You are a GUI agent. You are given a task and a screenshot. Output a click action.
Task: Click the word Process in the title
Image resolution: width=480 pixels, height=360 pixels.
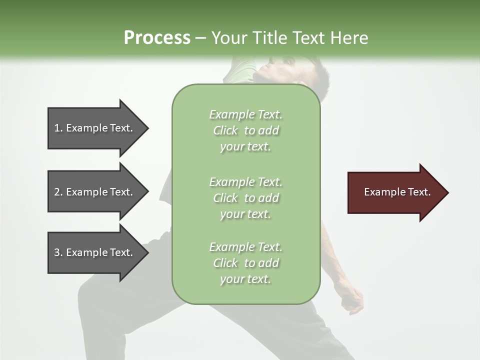coord(157,38)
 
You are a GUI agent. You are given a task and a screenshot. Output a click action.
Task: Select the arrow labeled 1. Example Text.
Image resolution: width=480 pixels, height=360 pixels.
coord(95,128)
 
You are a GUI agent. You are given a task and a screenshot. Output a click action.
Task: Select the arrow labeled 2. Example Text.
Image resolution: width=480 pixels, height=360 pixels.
coord(95,192)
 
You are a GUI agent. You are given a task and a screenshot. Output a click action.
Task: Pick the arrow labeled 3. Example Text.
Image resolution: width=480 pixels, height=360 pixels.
coord(95,252)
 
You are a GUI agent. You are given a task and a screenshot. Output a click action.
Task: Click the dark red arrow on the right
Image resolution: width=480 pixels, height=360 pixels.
coord(395,192)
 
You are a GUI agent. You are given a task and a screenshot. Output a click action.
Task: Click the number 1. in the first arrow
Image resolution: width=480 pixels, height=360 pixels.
coord(58,128)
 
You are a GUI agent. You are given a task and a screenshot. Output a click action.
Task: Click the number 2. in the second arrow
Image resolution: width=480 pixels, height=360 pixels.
coord(58,192)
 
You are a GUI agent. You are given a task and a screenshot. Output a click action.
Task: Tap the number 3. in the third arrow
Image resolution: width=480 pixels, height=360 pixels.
coord(58,252)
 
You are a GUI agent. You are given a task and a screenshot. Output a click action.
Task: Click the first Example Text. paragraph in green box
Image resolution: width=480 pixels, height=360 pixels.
coord(245,130)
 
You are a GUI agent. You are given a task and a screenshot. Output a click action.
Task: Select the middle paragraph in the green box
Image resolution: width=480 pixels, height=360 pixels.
coord(245,198)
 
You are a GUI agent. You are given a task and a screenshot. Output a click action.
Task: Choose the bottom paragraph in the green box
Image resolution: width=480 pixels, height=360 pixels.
coord(245,263)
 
